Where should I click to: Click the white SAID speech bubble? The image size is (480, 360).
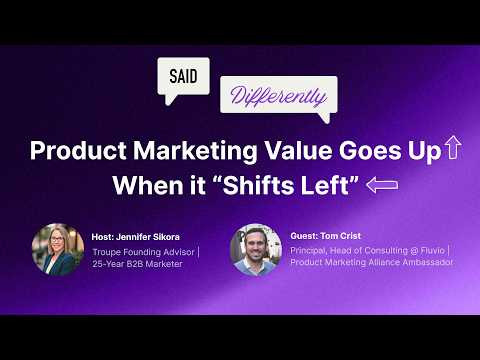[x=183, y=76]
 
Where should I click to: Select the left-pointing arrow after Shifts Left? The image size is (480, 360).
[x=382, y=184]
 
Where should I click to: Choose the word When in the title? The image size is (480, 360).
[x=140, y=185]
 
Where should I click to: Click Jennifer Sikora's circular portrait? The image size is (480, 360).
[x=57, y=249]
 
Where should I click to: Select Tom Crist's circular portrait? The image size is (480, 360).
[x=253, y=249]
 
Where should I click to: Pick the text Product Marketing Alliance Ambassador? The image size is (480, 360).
[x=371, y=263]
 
